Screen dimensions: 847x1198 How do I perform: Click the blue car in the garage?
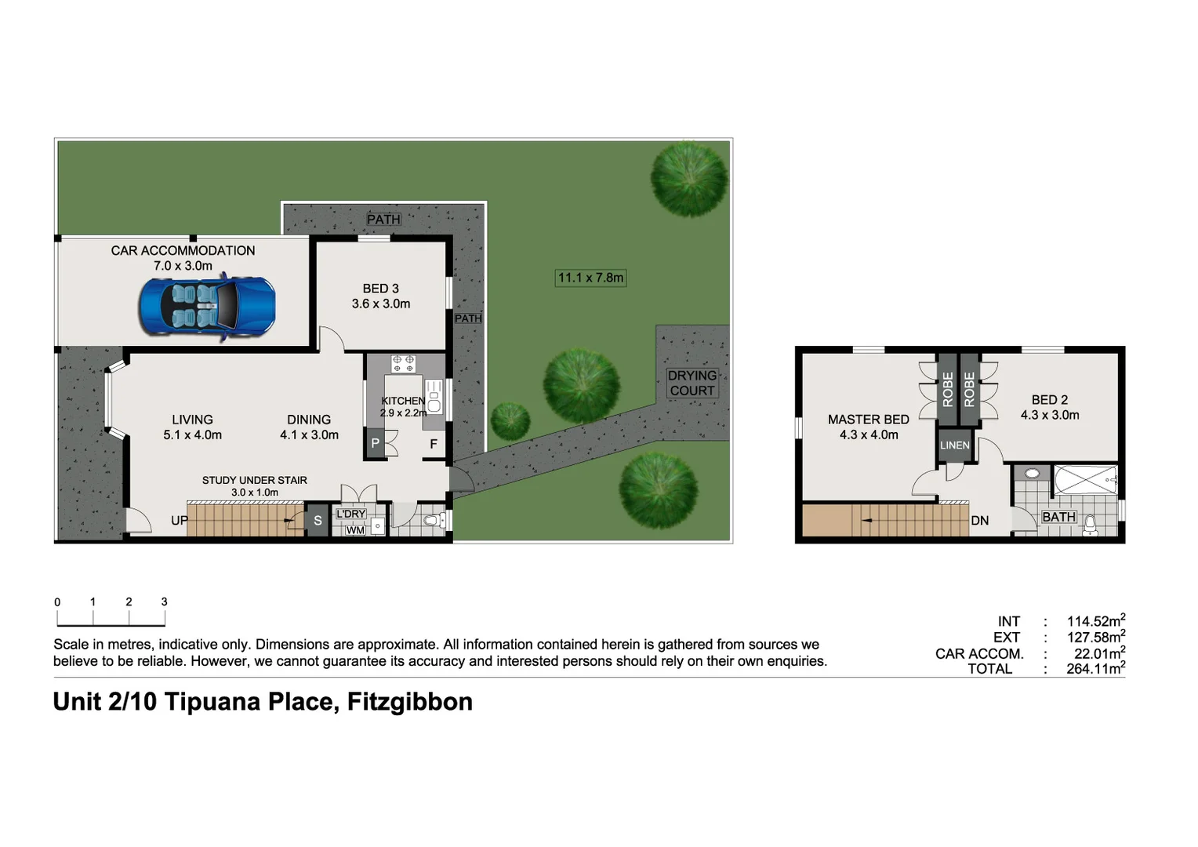[207, 307]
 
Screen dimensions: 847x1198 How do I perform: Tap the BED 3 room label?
[380, 289]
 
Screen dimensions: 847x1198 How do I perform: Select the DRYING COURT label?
[692, 383]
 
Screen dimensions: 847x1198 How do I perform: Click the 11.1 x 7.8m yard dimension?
[590, 278]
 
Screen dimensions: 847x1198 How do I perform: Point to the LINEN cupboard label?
[954, 445]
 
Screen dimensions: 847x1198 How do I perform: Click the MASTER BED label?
[868, 420]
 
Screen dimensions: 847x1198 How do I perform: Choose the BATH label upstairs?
[1058, 517]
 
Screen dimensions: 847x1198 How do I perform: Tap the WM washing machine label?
[355, 530]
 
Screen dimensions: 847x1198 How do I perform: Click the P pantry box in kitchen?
[375, 443]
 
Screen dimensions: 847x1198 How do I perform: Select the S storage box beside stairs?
[318, 521]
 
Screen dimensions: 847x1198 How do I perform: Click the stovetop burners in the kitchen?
[403, 363]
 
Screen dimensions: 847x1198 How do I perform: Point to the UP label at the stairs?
[180, 521]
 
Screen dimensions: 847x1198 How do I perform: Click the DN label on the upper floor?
[980, 521]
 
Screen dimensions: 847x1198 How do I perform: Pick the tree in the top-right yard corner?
[689, 178]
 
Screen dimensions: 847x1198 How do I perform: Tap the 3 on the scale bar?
[164, 602]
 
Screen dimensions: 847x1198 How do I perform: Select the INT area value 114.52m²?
[1095, 621]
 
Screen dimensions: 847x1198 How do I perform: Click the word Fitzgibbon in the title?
[409, 701]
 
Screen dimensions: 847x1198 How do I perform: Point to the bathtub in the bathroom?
[1085, 479]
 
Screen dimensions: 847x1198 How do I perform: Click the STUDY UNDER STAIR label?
[254, 480]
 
